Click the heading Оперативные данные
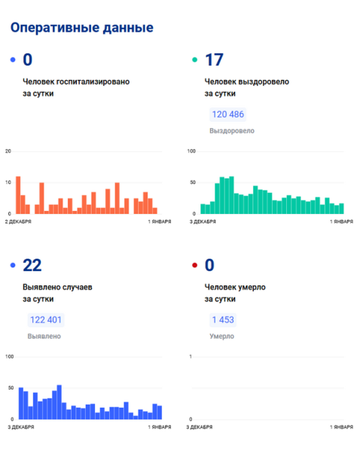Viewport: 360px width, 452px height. [82, 28]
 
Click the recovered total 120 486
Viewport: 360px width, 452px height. [228, 115]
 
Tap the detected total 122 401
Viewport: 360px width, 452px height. [46, 320]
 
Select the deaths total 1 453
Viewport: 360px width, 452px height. [223, 320]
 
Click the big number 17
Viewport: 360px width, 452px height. [214, 60]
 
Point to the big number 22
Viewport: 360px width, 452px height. [32, 265]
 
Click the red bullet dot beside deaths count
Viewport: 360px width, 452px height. [195, 265]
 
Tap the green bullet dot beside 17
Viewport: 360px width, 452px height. [195, 60]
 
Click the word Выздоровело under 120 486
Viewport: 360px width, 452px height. [232, 131]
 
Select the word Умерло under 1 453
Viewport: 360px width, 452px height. [221, 337]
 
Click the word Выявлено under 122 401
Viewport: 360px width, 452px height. [44, 337]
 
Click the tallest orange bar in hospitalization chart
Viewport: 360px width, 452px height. [18, 195]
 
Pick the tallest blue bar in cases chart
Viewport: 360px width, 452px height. [59, 402]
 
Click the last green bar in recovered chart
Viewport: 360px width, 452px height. [342, 209]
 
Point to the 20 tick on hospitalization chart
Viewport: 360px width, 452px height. [8, 151]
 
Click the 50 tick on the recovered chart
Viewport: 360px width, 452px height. [193, 182]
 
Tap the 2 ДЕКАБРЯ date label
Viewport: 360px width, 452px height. [18, 221]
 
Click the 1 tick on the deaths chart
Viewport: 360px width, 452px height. [191, 357]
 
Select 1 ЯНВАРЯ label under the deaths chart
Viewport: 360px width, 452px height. [342, 427]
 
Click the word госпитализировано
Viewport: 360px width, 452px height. [93, 82]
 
